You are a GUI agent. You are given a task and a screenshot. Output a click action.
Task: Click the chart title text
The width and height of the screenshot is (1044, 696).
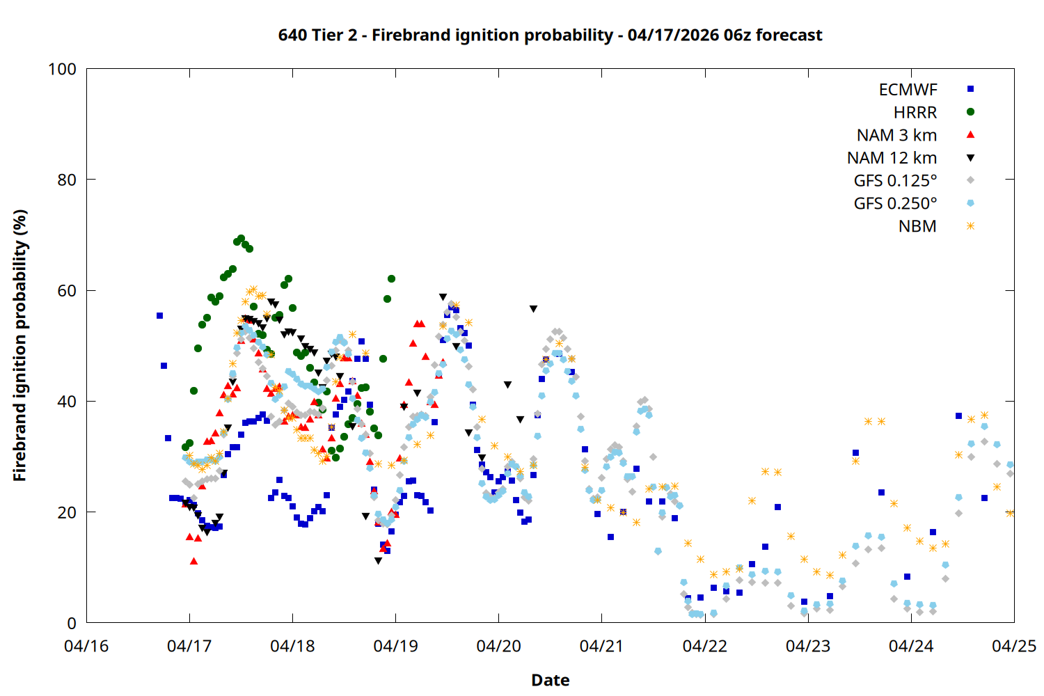click(550, 35)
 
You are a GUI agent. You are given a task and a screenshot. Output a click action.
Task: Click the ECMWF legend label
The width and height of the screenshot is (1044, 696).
click(908, 90)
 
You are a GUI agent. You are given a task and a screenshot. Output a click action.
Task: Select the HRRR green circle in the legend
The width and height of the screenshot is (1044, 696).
click(970, 112)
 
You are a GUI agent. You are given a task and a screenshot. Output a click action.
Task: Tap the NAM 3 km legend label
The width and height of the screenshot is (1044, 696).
click(896, 135)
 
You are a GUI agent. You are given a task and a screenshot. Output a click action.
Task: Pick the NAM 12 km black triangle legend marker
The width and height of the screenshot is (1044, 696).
click(970, 158)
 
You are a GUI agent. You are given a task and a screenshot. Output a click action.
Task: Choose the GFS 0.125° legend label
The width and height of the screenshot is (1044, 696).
click(895, 181)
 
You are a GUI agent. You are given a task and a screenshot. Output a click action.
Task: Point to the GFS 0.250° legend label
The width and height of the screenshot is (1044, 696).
click(895, 203)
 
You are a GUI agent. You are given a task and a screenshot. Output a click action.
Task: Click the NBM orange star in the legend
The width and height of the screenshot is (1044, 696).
click(970, 226)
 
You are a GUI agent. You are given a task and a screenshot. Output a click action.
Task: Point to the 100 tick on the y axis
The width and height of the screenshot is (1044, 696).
click(62, 69)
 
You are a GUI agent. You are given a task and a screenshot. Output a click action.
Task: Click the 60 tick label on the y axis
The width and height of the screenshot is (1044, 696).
click(67, 290)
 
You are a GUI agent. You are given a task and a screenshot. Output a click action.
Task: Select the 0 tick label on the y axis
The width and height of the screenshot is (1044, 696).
click(72, 623)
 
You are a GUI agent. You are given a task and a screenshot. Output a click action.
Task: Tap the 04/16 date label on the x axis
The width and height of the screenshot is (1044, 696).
click(86, 646)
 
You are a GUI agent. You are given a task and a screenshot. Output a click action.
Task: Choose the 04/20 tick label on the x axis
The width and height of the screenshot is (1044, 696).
click(498, 646)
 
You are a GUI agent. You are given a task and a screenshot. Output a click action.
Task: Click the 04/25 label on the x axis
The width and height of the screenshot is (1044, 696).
click(1013, 646)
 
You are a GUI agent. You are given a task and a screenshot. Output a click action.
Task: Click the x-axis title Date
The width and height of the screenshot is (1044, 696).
click(550, 680)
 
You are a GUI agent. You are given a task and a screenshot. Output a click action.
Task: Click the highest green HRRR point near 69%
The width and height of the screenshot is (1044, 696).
click(241, 239)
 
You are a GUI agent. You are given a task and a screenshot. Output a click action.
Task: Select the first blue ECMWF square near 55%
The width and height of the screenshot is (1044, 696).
click(159, 315)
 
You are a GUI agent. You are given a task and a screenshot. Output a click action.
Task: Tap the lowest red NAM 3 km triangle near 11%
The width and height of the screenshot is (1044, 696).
click(193, 561)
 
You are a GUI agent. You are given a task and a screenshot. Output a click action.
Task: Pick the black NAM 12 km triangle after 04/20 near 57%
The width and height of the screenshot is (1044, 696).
click(533, 308)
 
